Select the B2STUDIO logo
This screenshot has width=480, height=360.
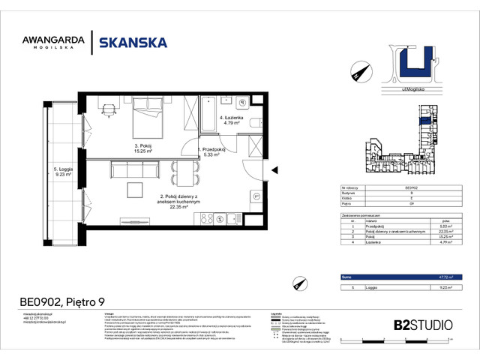423,325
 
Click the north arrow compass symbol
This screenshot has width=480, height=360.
359,71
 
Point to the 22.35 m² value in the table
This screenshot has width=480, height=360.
444,232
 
